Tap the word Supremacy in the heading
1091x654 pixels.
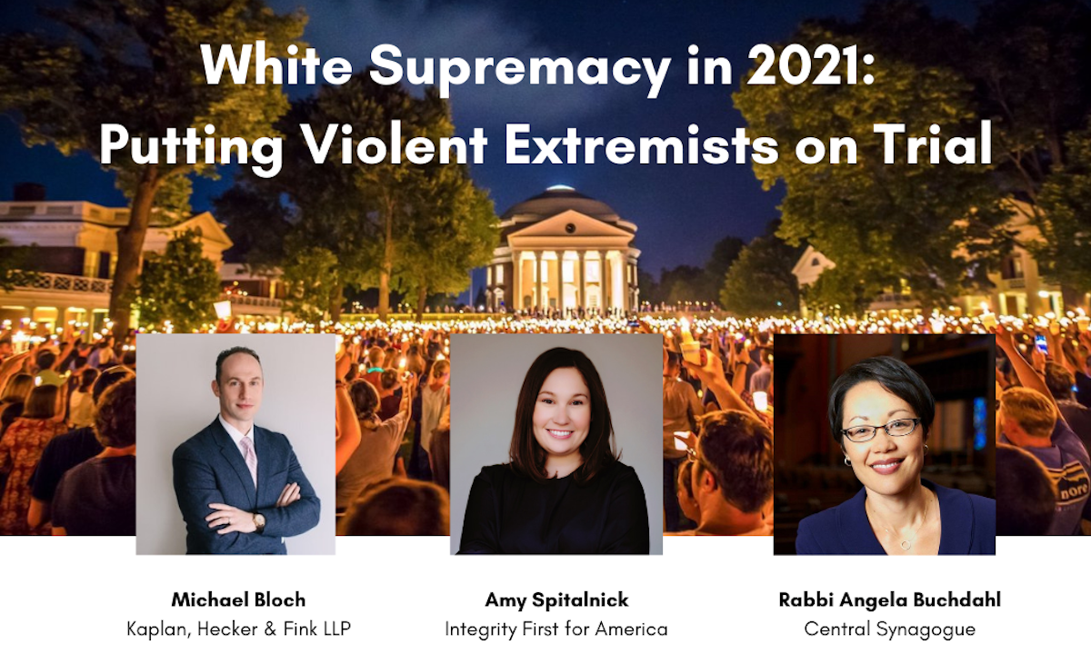519,69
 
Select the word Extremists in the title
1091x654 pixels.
642,144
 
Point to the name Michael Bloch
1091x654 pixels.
238,599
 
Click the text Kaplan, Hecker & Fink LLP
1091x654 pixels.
238,629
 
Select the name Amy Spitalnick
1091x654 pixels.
556,600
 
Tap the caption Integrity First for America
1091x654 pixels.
556,629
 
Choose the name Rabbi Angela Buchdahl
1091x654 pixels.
890,600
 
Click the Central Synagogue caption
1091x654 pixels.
890,629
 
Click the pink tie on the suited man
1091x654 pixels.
248,459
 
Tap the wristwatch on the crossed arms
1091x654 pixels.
258,521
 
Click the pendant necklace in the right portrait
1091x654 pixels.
905,543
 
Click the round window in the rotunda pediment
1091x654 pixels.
570,227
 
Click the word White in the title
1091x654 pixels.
276,64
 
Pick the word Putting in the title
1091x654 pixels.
192,147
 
